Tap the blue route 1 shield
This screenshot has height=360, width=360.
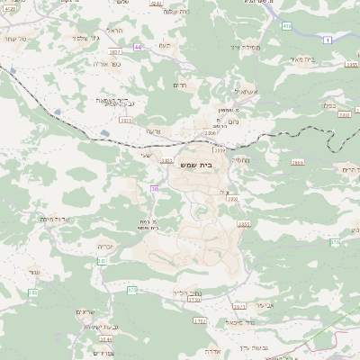coord(328,40)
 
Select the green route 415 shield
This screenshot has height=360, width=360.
coord(286,26)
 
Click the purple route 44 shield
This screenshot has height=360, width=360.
coord(137,46)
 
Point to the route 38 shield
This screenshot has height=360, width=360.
coord(155,188)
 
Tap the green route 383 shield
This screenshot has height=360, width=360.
coord(102,261)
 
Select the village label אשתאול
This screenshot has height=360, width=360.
coord(221,91)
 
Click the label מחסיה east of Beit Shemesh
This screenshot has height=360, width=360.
coord(238,159)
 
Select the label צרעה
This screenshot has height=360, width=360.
coord(152,130)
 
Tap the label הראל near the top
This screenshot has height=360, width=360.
coord(114,31)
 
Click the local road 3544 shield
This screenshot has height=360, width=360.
coord(106,339)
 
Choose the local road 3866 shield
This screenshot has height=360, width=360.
coord(297,163)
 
